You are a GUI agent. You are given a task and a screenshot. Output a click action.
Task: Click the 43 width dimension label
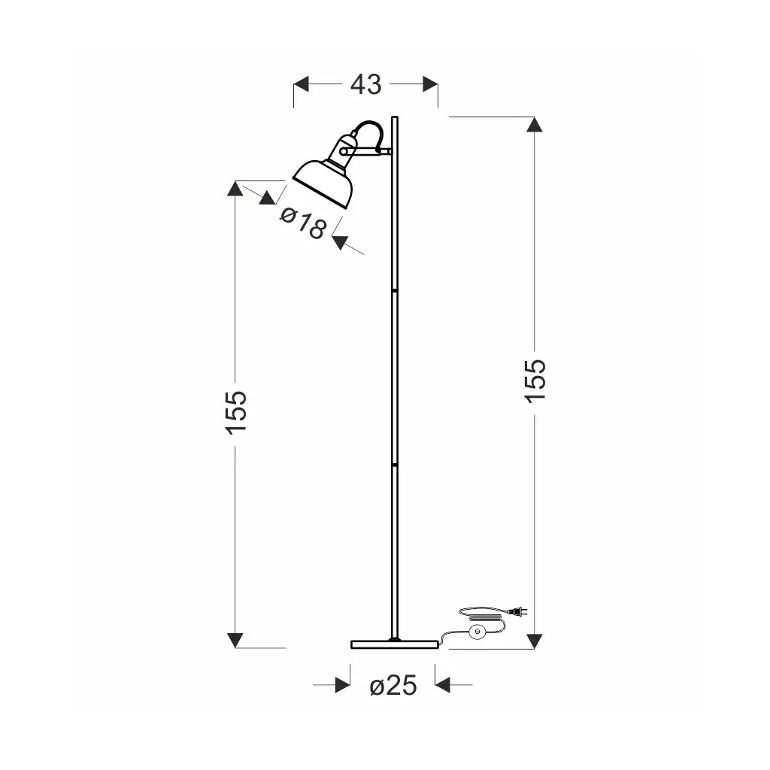click(365, 84)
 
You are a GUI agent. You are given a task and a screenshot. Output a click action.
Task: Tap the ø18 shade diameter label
click(302, 223)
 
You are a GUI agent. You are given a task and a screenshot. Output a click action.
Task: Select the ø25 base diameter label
click(393, 685)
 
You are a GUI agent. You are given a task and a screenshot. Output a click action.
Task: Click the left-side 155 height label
click(236, 413)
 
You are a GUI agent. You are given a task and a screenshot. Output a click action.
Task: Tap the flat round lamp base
click(394, 644)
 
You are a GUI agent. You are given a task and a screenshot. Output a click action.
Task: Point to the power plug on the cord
click(519, 611)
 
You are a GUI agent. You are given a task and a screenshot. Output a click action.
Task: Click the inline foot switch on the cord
click(475, 632)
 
